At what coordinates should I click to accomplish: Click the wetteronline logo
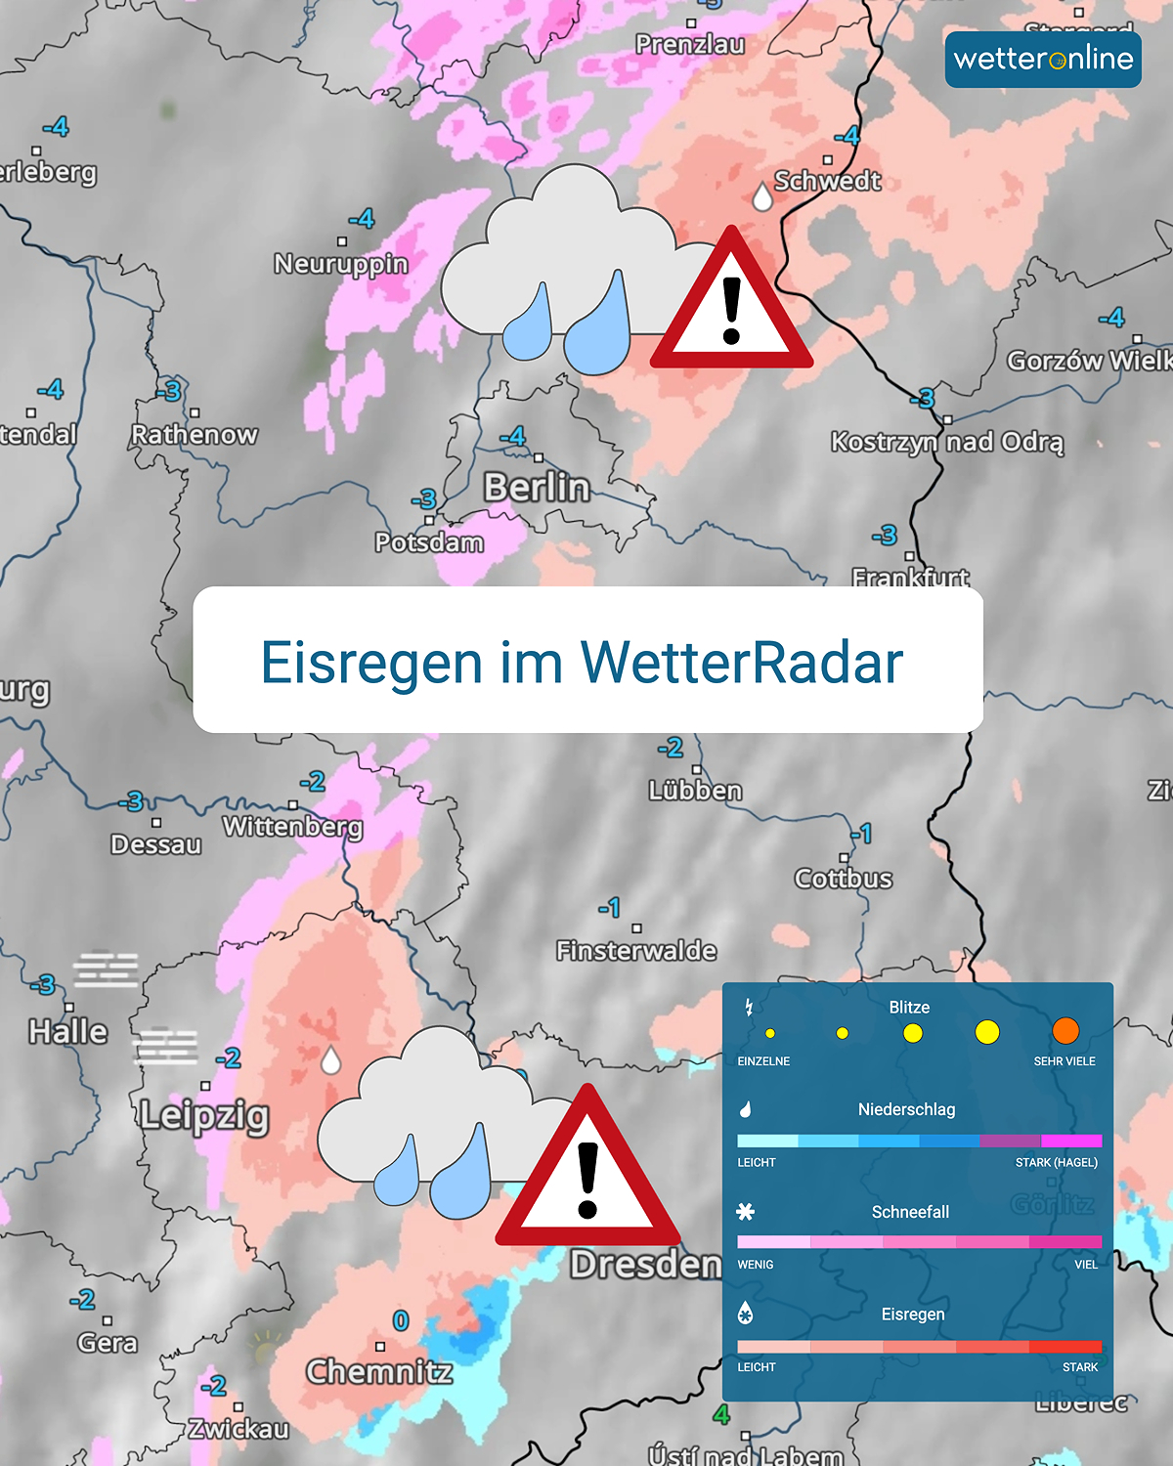1043,60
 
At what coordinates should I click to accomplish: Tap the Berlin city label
537,487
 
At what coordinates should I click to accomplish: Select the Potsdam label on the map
429,542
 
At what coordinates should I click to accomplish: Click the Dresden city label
645,1265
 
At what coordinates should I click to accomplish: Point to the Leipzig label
203,1115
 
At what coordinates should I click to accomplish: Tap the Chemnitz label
379,1372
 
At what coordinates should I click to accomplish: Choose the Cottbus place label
844,879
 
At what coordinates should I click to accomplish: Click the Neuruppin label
341,264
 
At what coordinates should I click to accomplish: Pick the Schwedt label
828,181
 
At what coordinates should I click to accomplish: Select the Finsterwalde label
636,950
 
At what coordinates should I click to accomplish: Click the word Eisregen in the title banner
371,663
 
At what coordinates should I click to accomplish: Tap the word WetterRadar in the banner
742,663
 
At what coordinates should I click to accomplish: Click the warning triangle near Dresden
587,1173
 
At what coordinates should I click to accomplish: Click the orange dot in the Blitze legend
1065,1031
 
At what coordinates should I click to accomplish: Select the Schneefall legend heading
910,1212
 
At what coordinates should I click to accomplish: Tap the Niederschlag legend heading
906,1109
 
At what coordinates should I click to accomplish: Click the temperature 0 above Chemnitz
400,1321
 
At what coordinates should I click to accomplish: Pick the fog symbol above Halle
106,970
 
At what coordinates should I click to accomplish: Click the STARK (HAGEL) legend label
1056,1162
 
